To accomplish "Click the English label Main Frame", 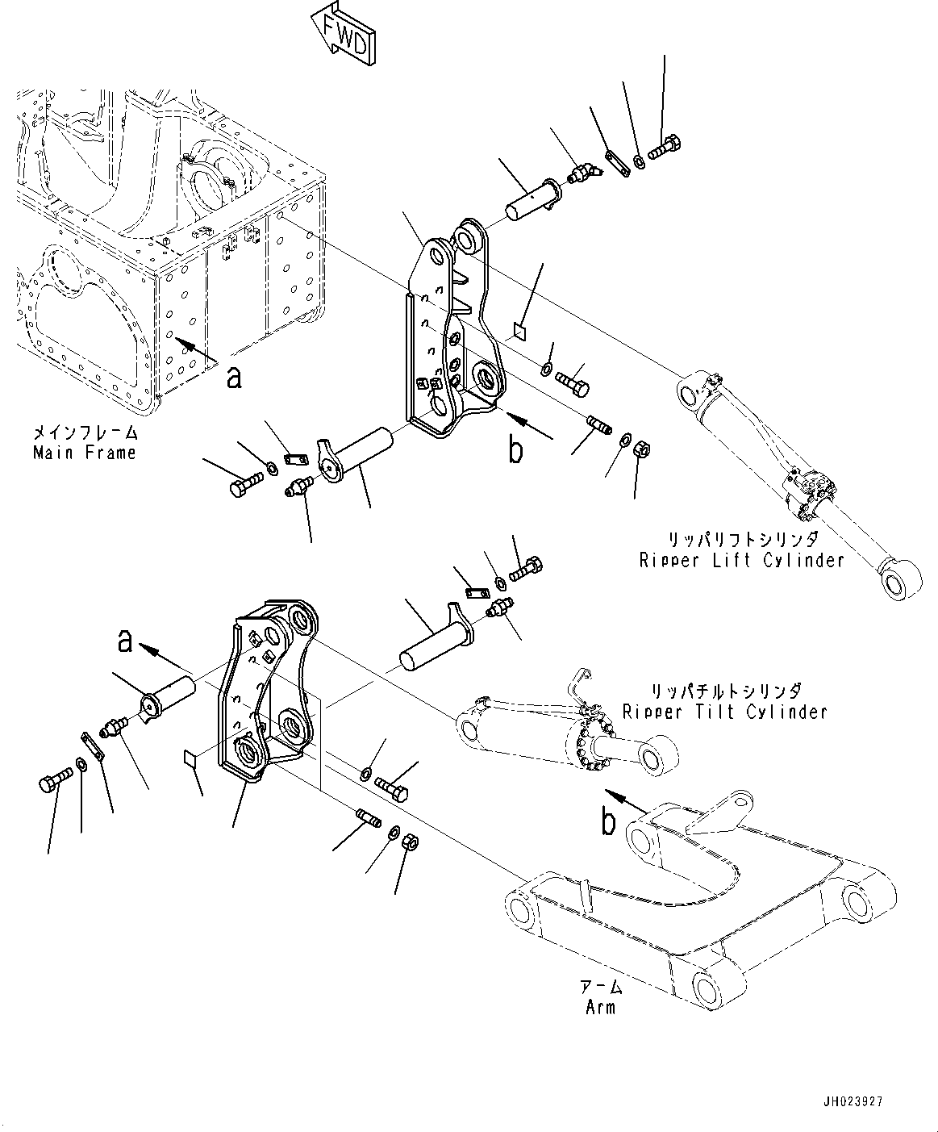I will pyautogui.click(x=85, y=453).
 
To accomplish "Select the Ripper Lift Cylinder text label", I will pyautogui.click(x=741, y=559).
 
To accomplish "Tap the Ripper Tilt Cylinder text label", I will pyautogui.click(x=724, y=712).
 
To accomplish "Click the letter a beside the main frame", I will pyautogui.click(x=234, y=377).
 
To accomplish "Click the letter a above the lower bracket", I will pyautogui.click(x=125, y=641).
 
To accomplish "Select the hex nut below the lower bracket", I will pyautogui.click(x=409, y=842).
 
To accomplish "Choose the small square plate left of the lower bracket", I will pyautogui.click(x=190, y=758).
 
